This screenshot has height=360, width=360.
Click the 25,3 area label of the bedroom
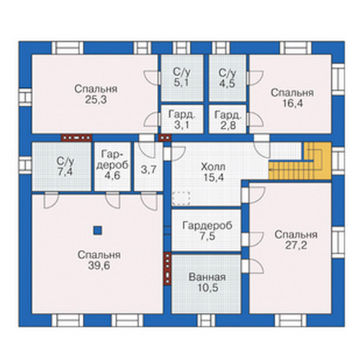click(x=96, y=100)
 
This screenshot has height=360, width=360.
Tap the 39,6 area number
click(x=99, y=266)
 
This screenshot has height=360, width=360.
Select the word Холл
click(x=213, y=166)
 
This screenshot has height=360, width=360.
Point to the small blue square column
click(x=97, y=230)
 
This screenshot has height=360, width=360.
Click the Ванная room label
click(x=207, y=277)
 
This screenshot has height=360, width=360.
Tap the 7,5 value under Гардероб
click(x=207, y=237)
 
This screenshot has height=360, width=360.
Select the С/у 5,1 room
click(x=182, y=78)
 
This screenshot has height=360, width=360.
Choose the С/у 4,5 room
click(x=228, y=78)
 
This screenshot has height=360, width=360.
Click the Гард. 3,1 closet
click(x=182, y=119)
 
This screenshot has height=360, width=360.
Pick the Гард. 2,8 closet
click(x=228, y=119)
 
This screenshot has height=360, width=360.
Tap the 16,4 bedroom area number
click(x=293, y=104)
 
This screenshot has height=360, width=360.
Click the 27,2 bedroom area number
click(x=296, y=246)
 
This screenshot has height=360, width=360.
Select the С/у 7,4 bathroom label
click(x=65, y=166)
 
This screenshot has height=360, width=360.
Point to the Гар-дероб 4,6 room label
click(x=112, y=165)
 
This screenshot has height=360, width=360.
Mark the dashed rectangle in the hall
click(x=181, y=198)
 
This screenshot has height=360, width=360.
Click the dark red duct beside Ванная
click(x=168, y=269)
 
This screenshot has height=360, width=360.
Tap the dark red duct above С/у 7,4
click(x=76, y=138)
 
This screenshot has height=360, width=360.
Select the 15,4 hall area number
click(x=213, y=177)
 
